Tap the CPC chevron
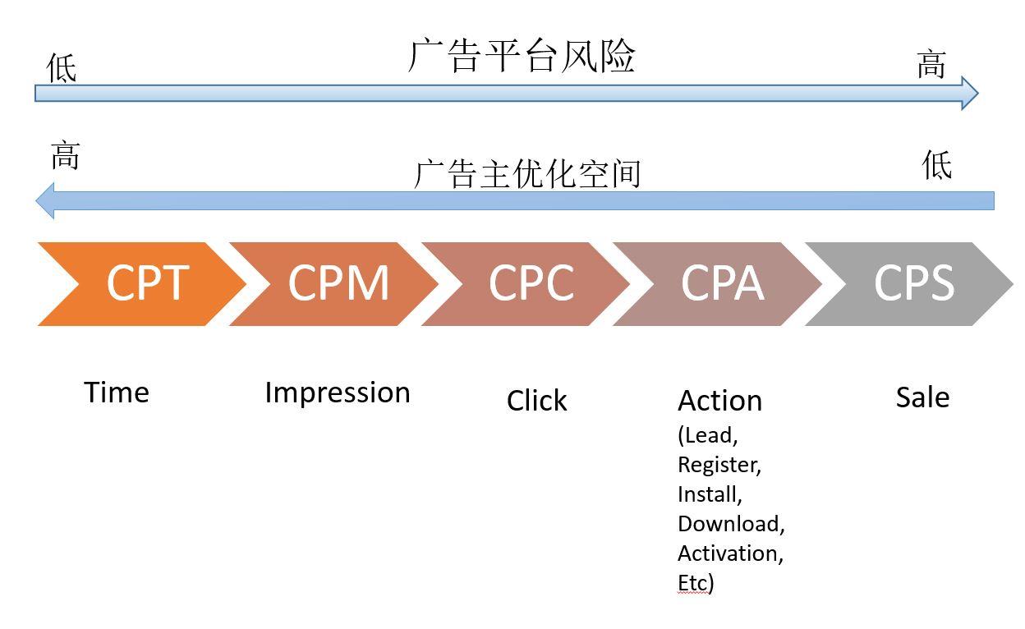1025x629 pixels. pyautogui.click(x=531, y=283)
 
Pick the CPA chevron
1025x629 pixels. pyautogui.click(x=721, y=283)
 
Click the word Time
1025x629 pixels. pyautogui.click(x=117, y=393)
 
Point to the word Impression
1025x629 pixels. pyautogui.click(x=337, y=393)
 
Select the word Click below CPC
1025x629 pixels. pyautogui.click(x=536, y=401)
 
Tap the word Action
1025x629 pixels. pyautogui.click(x=719, y=401)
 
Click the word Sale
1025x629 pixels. pyautogui.click(x=922, y=397)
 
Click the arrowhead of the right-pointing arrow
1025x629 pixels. pyautogui.click(x=970, y=93)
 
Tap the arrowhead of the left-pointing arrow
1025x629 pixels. pyautogui.click(x=46, y=200)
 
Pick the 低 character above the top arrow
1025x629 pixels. pyautogui.click(x=62, y=67)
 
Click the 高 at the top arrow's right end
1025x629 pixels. pyautogui.click(x=931, y=64)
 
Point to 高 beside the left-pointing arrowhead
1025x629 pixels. pyautogui.click(x=66, y=154)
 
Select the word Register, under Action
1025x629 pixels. pyautogui.click(x=719, y=465)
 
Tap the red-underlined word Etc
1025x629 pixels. pyautogui.click(x=692, y=583)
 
